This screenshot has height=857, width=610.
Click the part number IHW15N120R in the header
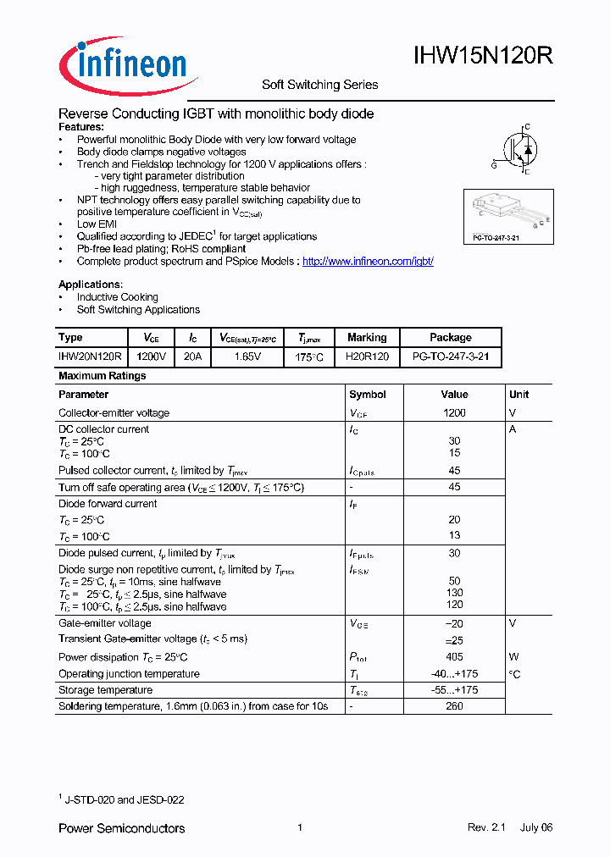click(483, 57)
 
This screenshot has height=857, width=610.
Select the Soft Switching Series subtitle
click(319, 85)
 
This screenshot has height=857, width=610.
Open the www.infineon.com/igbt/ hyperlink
click(368, 262)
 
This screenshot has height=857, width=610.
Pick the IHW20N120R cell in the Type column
click(91, 357)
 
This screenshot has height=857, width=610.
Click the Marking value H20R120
click(367, 357)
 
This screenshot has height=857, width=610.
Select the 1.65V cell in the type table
click(247, 357)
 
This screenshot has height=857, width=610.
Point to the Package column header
click(450, 337)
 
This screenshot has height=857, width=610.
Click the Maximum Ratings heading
click(103, 376)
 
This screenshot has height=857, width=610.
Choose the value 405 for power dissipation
click(454, 657)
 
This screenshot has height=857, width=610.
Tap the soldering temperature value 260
click(454, 706)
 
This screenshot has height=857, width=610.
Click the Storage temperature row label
click(105, 690)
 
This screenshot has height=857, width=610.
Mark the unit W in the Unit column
click(513, 657)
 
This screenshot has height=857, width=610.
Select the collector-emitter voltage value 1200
click(454, 413)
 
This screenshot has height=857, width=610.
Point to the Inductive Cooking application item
click(117, 297)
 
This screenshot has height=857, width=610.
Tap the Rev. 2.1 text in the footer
click(485, 827)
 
